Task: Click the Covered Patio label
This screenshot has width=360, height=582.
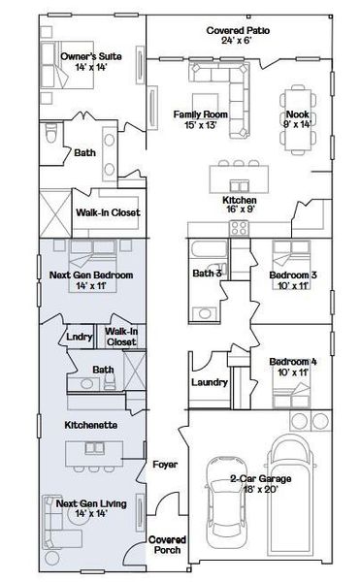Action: (238, 36)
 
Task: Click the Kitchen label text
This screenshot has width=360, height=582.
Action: (240, 204)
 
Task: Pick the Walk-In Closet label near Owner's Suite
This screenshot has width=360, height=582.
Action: (108, 212)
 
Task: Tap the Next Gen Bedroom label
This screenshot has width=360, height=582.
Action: (91, 280)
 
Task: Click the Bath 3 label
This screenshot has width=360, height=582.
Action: (207, 274)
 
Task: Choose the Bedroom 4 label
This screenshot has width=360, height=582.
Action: (293, 367)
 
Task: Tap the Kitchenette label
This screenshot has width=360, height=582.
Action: (91, 425)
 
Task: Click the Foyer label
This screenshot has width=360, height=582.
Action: (164, 465)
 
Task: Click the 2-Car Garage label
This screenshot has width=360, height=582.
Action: (261, 484)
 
